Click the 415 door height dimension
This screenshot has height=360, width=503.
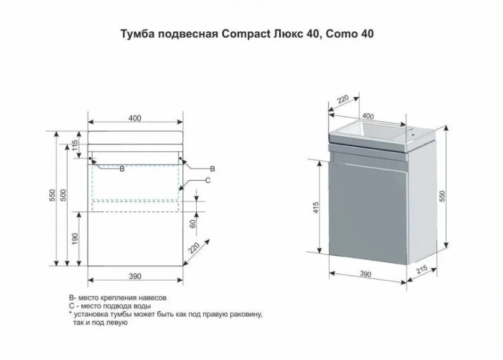(x=316, y=208)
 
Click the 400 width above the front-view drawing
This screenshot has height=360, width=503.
(x=134, y=118)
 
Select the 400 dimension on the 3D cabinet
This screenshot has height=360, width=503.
(x=368, y=116)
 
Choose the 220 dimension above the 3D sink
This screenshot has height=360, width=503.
(x=342, y=100)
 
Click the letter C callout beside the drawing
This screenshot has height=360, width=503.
(x=207, y=180)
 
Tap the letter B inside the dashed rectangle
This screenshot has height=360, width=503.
(x=122, y=170)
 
